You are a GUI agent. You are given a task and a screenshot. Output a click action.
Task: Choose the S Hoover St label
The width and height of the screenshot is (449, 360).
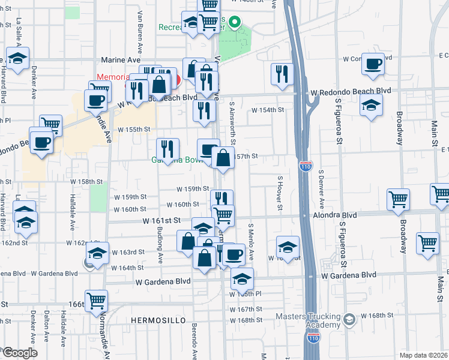280,193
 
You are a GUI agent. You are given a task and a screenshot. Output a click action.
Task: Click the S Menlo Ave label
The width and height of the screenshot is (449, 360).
251,242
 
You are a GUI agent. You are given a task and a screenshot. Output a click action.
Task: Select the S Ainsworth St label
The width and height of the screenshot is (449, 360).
232,122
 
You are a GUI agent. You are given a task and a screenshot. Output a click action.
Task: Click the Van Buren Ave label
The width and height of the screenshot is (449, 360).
139,39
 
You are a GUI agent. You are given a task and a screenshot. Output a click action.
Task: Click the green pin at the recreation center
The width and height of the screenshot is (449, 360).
236,25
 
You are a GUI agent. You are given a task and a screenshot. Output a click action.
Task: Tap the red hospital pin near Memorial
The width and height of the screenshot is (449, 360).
177,79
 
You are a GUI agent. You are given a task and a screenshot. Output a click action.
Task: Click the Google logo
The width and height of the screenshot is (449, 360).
19,353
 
